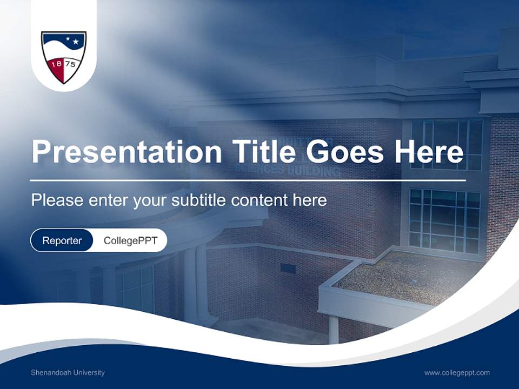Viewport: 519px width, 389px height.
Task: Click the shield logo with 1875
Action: [64, 57]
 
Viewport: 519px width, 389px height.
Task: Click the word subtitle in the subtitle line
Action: [199, 200]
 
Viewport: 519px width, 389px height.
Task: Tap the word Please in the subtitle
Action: [56, 200]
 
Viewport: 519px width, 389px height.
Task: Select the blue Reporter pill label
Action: [62, 240]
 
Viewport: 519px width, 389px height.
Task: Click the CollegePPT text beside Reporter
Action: [130, 240]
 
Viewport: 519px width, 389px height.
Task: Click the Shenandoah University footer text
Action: [68, 373]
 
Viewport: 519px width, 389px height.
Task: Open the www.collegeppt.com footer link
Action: [457, 373]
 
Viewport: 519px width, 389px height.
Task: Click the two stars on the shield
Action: [72, 41]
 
